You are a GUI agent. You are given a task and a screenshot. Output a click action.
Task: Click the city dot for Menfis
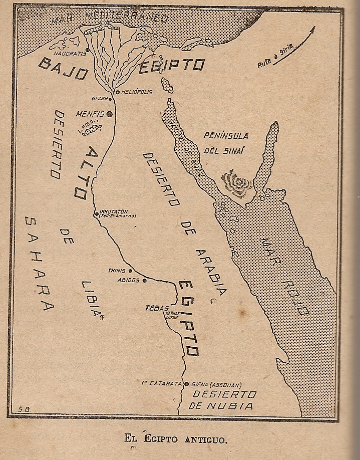coord(109,114)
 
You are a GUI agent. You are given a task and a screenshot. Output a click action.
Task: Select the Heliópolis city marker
coord(117,92)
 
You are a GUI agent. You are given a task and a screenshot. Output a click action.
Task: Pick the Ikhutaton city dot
coord(97,214)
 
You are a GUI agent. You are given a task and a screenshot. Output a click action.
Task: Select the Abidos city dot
coord(145,280)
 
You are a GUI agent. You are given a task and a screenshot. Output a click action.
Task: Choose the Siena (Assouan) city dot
coord(187,384)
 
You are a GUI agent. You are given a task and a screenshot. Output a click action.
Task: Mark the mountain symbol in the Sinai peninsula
coord(237,183)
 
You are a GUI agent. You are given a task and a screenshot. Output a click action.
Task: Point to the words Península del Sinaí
coord(226,142)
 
